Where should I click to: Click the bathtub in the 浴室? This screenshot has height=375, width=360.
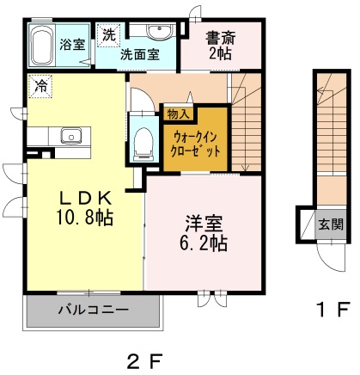pos(41,46)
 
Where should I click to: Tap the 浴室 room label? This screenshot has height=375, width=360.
pos(72,45)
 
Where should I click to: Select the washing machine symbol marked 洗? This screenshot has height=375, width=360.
pos(109,34)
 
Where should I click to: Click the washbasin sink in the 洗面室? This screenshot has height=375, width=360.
pos(159,31)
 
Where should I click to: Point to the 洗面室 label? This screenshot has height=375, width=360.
pos(139,54)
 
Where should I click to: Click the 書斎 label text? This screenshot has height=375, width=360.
pos(221,38)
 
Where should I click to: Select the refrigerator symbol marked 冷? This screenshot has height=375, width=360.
pos(40,86)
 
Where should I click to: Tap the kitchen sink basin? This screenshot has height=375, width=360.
pos(71,136)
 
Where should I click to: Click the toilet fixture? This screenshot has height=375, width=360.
pos(143,144)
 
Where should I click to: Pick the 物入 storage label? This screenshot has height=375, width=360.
pos(178,114)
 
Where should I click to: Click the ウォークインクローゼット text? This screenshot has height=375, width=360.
pos(195,144)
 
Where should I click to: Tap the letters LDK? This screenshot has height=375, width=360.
pos(85,198)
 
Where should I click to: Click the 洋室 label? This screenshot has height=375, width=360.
pos(204,224)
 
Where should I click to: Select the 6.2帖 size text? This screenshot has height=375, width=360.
pos(204,243)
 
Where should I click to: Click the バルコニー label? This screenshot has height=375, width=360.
pos(94,310)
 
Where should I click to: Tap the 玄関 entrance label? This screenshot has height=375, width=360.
pos(331,224)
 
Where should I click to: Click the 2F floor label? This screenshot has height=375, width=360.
pos(145,361)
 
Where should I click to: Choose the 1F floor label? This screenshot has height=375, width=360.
pos(333,310)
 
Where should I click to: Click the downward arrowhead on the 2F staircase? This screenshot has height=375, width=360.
pos(245,168)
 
